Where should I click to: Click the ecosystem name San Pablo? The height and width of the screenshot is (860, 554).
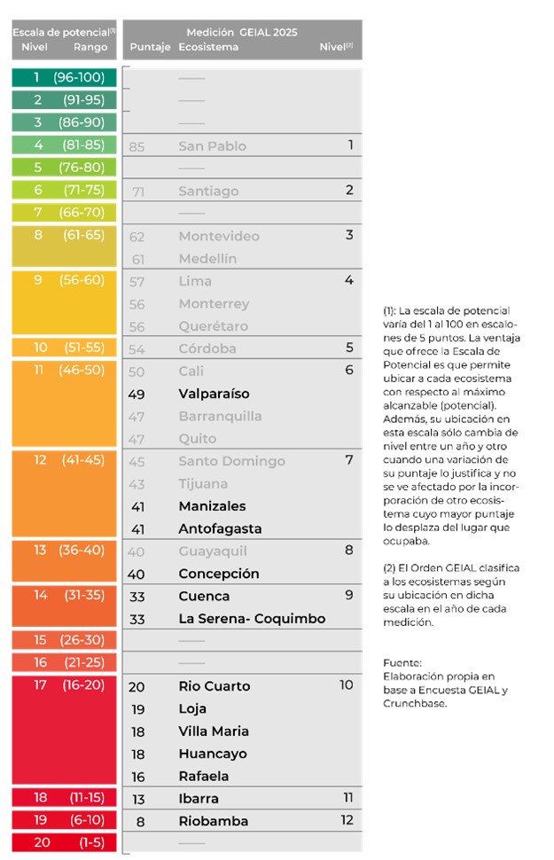coord(212,146)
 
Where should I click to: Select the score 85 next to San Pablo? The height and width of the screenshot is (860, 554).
coord(137,146)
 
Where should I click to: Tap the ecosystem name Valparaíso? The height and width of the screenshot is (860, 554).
coord(214,394)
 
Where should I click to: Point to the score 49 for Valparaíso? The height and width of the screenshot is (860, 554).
coord(137,394)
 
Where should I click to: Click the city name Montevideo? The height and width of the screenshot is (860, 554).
coord(219,236)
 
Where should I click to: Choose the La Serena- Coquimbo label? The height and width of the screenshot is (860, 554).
coord(252,619)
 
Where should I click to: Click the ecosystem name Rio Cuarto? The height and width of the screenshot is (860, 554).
coord(214,686)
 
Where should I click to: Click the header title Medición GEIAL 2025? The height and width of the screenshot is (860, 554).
coord(242,32)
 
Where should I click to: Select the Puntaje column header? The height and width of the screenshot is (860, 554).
coord(149,47)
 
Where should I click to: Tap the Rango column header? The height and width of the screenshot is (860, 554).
coord(90,47)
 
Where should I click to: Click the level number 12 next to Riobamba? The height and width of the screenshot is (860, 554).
coord(347,820)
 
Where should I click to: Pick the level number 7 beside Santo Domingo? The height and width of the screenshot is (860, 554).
coord(349,460)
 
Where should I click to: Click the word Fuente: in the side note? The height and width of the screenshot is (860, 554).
coord(402,663)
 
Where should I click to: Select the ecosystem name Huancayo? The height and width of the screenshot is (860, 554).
coord(213,754)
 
